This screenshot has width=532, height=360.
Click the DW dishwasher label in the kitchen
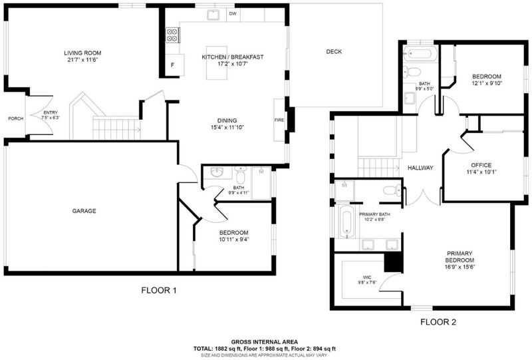coord(233,14)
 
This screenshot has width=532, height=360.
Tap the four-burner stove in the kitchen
coord(173,35)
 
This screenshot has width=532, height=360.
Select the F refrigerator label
coord(172,65)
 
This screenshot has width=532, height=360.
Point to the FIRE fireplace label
coord(279,120)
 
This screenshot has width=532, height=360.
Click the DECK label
coord(334,52)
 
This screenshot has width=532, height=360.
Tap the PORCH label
coord(16,118)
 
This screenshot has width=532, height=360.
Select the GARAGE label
coord(84,211)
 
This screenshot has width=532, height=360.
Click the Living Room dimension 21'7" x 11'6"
coord(82,60)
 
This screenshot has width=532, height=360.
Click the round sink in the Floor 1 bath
coord(217,172)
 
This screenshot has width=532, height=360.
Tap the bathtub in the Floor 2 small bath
coord(420,54)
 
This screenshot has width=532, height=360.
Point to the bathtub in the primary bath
coord(346,222)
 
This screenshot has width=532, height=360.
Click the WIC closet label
coord(367,277)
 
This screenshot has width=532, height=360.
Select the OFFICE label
coord(481,165)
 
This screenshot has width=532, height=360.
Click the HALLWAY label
coord(420,168)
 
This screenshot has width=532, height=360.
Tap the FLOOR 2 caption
coord(438,322)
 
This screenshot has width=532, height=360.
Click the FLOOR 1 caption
coord(159,290)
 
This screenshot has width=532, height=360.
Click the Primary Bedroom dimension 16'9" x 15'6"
coord(460,267)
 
